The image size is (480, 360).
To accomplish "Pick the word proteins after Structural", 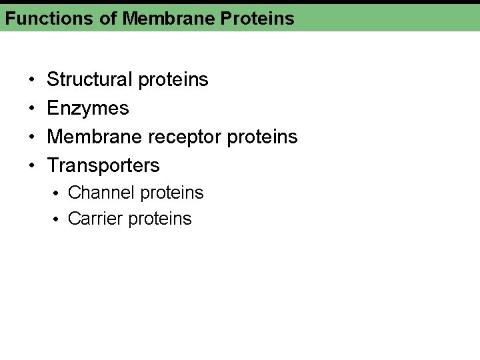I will coord(173,80).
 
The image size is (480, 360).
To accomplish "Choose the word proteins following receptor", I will coord(263,137).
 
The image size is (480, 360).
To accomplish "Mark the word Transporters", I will coord(103,165).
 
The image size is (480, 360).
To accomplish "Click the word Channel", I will coord(102,193).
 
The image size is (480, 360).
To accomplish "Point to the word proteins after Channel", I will coord(173,193).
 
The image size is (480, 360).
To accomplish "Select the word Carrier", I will coord(96,219).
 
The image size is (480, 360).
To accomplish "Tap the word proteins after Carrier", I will coord(160,219).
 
